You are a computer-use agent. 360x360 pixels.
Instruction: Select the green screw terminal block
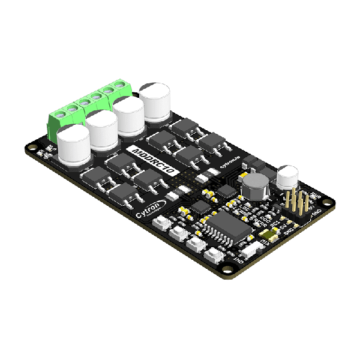pyautogui.click(x=90, y=108)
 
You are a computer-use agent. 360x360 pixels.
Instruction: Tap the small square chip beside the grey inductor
pyautogui.click(x=227, y=191)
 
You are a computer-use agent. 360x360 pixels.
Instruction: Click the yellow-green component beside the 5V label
pyautogui.click(x=273, y=235)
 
